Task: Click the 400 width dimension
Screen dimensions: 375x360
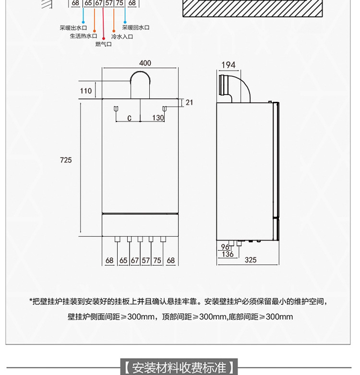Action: tap(145, 63)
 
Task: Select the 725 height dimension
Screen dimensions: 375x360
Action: tap(66, 160)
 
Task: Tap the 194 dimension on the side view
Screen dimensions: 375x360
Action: tap(229, 65)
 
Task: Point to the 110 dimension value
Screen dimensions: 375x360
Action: tap(86, 91)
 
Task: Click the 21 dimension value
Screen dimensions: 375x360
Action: tap(189, 102)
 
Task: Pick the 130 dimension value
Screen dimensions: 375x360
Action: tap(158, 118)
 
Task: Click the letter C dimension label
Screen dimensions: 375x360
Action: tap(129, 118)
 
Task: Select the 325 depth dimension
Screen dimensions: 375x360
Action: tap(250, 260)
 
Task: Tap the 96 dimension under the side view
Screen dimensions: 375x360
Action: tap(225, 247)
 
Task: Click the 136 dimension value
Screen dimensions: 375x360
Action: tap(227, 254)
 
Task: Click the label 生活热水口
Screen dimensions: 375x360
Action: tap(84, 36)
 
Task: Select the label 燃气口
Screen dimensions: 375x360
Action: tap(103, 44)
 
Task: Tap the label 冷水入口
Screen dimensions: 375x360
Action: tap(122, 36)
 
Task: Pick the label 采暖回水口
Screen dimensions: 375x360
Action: tap(136, 28)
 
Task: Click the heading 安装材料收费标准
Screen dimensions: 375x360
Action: tap(179, 368)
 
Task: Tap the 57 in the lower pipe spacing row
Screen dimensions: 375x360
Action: tap(146, 260)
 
